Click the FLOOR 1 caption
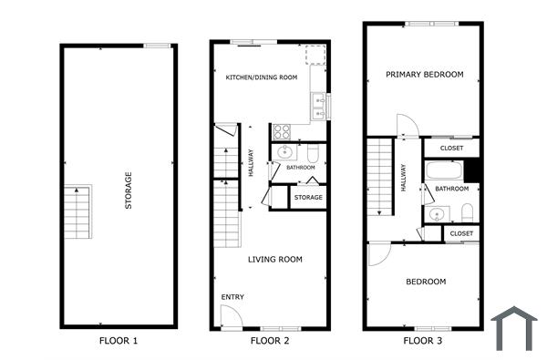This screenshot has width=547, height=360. [119, 342]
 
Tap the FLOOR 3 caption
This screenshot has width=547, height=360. [426, 342]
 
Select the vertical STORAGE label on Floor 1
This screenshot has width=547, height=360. [128, 190]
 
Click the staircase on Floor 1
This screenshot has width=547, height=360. [77, 211]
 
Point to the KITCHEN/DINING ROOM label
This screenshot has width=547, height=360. [262, 77]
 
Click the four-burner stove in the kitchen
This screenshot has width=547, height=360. [281, 130]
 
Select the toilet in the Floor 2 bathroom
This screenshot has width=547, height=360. [313, 152]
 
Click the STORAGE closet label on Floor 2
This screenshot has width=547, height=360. [308, 198]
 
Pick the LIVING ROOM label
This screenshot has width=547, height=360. [275, 260]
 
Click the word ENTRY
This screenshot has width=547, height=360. [232, 298]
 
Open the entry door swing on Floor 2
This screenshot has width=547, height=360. [231, 316]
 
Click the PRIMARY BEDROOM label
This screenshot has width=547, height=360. [424, 75]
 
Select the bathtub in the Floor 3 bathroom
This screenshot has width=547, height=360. [444, 170]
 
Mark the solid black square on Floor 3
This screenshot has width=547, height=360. [471, 170]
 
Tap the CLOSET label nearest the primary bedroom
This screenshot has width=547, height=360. [451, 148]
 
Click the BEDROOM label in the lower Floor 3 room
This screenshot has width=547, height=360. [426, 282]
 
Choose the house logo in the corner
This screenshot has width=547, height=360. [511, 328]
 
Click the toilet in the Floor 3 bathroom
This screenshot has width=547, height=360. [467, 212]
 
